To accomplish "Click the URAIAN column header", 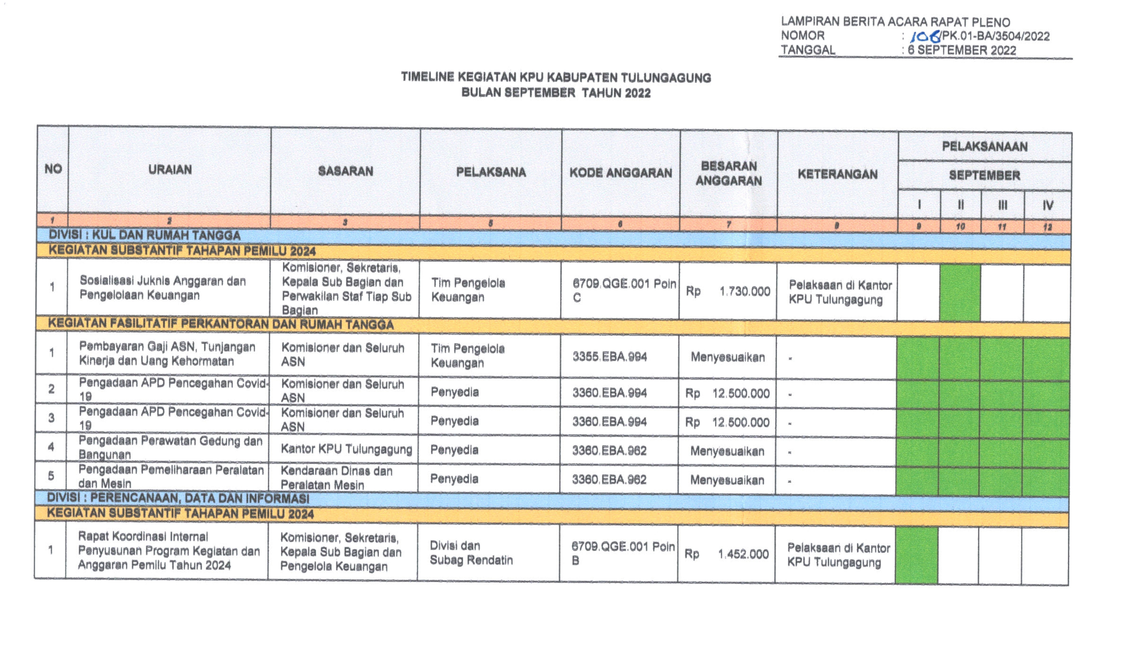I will tap(170, 169).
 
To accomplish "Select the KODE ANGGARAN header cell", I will tap(620, 173).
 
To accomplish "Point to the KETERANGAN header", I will tap(837, 174).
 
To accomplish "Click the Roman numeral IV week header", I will tap(1047, 205).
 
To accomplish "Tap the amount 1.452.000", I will tap(743, 554).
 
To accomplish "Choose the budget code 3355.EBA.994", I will tap(609, 356).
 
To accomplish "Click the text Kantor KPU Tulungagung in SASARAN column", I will tap(346, 449).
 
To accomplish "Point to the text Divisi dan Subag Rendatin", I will tap(471, 553).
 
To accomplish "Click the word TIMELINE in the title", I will tap(427, 77).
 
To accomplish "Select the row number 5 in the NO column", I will tap(51, 475).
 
